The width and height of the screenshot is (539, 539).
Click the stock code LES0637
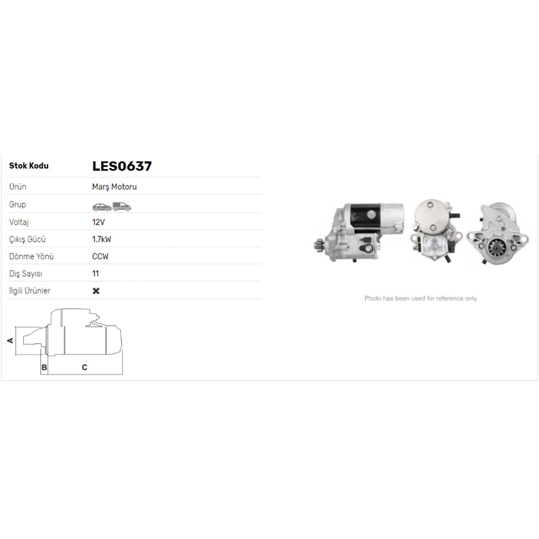click(x=122, y=166)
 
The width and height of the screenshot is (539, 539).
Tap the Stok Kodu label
click(x=29, y=166)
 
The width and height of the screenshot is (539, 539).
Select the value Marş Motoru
click(x=114, y=187)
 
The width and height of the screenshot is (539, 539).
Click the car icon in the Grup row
click(x=102, y=207)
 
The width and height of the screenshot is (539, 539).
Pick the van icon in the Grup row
click(x=122, y=207)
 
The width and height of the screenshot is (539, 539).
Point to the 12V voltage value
click(x=98, y=222)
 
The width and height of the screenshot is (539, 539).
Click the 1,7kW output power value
click(x=102, y=239)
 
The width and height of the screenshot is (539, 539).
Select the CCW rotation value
click(x=100, y=257)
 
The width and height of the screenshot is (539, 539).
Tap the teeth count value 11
click(x=95, y=273)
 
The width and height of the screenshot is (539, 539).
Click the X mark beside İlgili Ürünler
click(x=96, y=291)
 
